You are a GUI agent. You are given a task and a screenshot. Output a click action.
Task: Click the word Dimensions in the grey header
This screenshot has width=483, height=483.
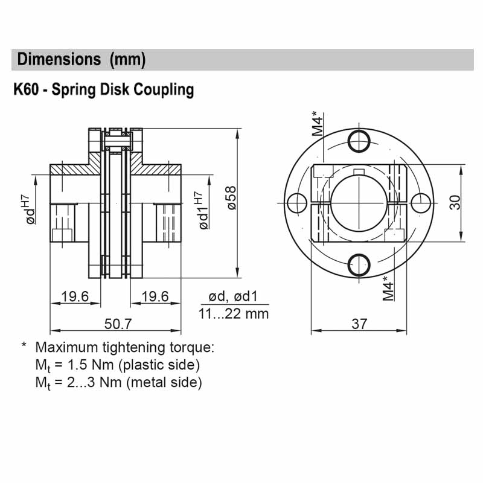[59, 59]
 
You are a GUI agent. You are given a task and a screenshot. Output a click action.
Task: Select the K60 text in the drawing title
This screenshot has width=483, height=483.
[27, 90]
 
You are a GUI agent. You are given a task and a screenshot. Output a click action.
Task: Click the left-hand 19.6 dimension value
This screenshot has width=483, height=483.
[75, 296]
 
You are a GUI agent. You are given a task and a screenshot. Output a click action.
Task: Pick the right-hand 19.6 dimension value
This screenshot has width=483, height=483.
[154, 296]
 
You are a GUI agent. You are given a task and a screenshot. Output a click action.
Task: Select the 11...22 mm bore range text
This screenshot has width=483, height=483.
[234, 314]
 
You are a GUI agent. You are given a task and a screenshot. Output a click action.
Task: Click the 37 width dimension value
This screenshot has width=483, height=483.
[359, 324]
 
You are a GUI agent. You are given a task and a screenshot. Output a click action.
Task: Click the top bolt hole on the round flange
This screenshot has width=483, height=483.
[360, 139]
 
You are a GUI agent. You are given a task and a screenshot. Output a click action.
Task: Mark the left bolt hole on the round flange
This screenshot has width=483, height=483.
[298, 202]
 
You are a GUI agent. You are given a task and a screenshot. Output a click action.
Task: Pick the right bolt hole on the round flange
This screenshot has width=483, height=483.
[422, 202]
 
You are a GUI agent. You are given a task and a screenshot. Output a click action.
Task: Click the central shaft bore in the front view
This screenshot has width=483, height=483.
[360, 202]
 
